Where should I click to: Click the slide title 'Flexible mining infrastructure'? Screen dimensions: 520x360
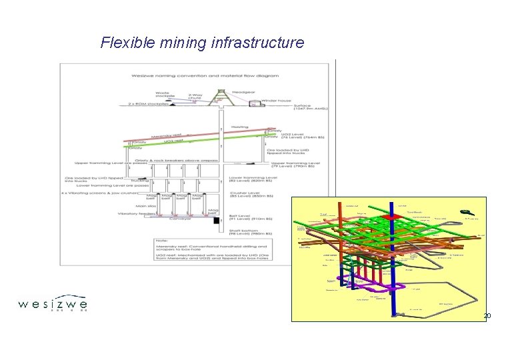pyautogui.click(x=202, y=43)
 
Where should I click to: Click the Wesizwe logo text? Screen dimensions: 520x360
pyautogui.click(x=53, y=305)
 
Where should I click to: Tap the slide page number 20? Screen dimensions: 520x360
pyautogui.click(x=487, y=315)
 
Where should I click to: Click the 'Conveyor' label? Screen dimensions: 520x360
pyautogui.click(x=179, y=219)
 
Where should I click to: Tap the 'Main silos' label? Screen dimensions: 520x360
pyautogui.click(x=145, y=206)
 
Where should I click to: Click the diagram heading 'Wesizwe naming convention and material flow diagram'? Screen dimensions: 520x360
pyautogui.click(x=194, y=75)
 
